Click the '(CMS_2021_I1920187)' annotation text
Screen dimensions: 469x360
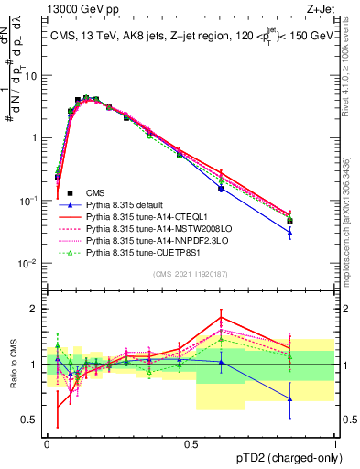coord(191,274)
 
